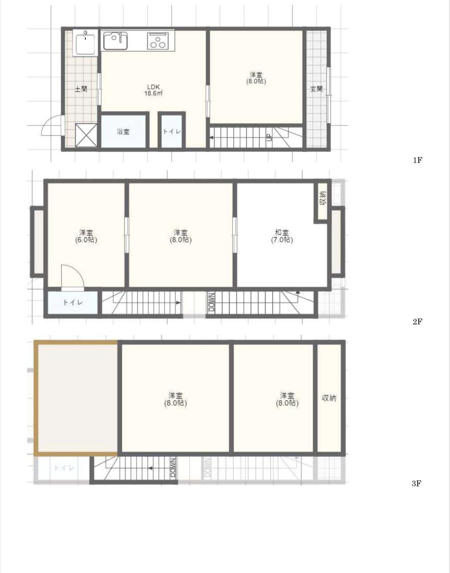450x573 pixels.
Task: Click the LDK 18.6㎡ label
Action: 154,90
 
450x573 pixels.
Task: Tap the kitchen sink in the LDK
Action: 116,41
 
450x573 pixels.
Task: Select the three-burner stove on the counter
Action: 158,41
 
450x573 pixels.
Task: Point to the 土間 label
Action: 81,89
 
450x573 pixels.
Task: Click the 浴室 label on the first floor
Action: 123,131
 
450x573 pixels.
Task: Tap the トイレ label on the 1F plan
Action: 171,131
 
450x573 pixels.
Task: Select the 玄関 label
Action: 317,89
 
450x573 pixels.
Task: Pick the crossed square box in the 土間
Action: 86,135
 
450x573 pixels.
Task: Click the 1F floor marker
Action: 417,160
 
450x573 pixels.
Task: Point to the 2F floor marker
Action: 417,322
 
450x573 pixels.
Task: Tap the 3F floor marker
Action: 417,483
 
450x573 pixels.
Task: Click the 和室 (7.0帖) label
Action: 282,236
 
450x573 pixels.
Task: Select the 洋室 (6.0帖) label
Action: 86,236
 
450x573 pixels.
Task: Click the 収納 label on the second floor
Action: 323,198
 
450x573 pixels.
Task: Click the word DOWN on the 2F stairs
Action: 212,302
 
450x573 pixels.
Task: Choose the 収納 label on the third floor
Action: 329,398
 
